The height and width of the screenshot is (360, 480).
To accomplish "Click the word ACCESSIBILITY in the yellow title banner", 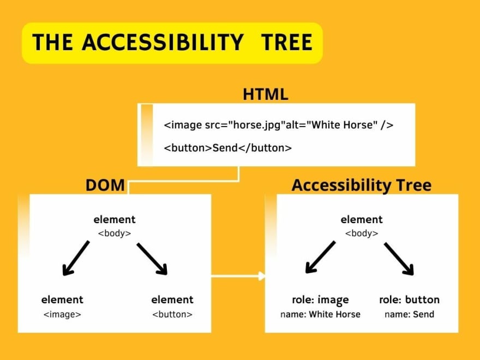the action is coord(163,42).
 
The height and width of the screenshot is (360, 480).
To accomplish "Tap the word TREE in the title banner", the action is coord(286,42).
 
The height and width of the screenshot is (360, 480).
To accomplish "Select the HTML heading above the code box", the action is coord(266,94).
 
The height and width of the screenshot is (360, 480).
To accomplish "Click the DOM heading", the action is coord(105,185).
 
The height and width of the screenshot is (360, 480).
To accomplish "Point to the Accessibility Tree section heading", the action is coord(362,185).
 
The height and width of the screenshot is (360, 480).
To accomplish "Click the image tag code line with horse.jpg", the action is coord(279,125).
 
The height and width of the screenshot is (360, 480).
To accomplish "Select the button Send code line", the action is coord(228,148).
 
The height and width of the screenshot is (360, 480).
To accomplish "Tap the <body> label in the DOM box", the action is coord(115,233).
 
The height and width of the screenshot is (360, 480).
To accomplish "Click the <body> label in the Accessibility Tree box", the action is coord(362,233).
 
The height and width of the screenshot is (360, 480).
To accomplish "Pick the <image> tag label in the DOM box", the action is coord(62,314).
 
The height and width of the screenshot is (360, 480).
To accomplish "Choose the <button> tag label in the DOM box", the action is coord(172,314).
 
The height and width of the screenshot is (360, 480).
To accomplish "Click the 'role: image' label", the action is coord(320,300).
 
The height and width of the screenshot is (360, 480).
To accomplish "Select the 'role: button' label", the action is coord(409,299).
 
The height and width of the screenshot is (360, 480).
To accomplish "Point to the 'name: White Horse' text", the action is coord(320,314).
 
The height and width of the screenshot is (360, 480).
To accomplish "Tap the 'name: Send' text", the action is coord(409,314).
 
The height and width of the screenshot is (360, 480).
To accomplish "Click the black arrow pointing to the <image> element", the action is coord(76,258).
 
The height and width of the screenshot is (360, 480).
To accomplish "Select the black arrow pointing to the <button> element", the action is coord(152,259).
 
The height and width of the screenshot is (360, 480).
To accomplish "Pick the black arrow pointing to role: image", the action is coord(321,257).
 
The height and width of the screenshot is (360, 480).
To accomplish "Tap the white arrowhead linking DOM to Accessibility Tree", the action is coord(262,276).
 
